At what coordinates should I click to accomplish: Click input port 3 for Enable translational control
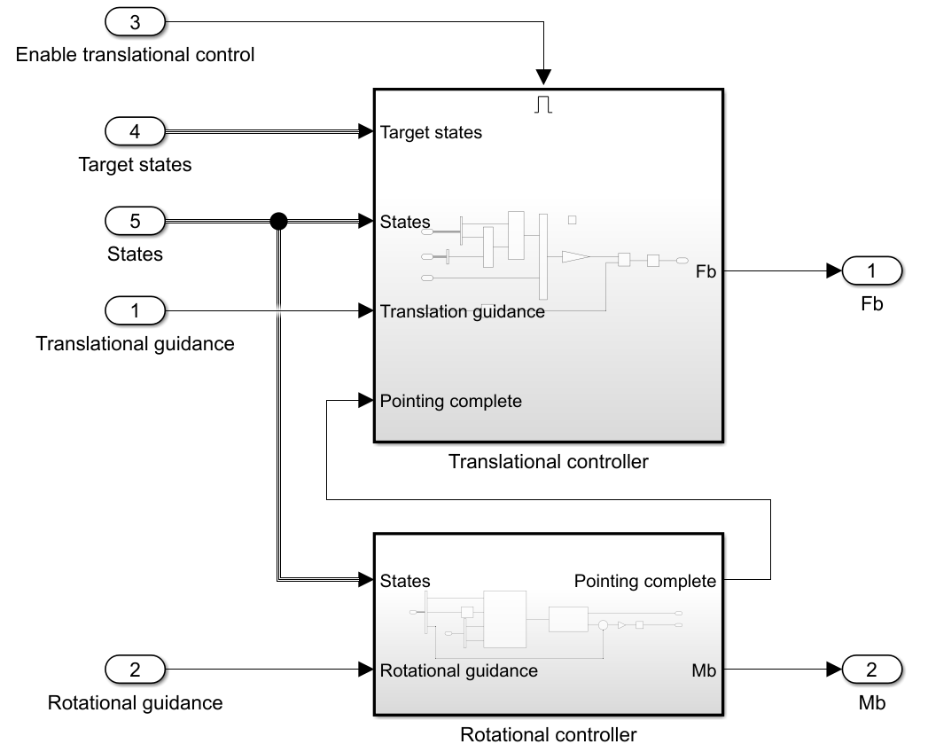point(135,20)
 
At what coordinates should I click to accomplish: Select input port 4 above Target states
point(135,131)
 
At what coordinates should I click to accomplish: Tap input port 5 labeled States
point(135,220)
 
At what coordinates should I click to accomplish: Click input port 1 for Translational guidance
point(135,310)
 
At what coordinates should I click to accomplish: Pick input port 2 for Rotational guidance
point(135,670)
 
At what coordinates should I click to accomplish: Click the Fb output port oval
point(871,270)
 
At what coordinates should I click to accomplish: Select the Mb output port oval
point(871,670)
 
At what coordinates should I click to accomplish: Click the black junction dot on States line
point(278,221)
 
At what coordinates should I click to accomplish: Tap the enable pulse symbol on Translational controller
point(544,104)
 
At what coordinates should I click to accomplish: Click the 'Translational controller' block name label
point(549,462)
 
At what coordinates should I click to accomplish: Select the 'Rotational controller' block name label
point(549,735)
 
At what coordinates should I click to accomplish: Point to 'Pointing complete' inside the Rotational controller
point(644,582)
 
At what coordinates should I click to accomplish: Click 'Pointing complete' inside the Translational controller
point(450,401)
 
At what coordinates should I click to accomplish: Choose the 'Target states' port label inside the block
point(431,133)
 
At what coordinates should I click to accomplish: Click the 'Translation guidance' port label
point(462,311)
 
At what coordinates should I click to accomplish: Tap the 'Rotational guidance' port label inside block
point(458,670)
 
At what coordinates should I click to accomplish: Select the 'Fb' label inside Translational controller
point(706,272)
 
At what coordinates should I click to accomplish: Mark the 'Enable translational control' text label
point(135,55)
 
